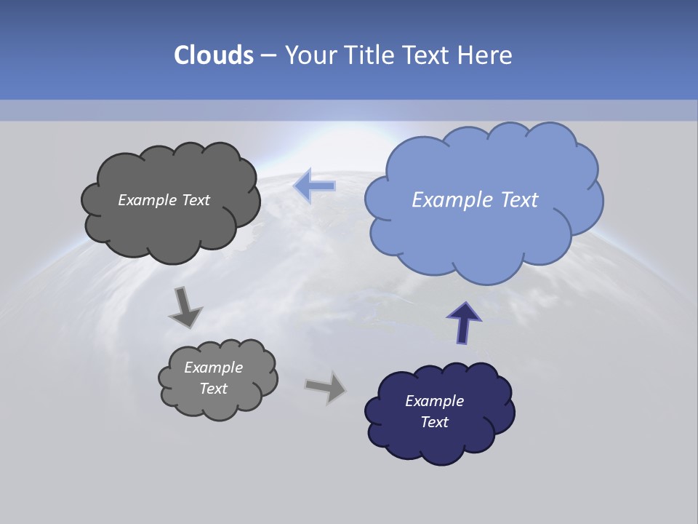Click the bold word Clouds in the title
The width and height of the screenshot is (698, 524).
(x=214, y=55)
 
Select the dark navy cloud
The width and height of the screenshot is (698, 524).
(x=436, y=440)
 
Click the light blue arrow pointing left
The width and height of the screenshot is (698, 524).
(x=314, y=186)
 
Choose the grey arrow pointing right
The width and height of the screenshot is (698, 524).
(x=326, y=386)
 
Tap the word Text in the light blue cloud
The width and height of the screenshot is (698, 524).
(x=518, y=200)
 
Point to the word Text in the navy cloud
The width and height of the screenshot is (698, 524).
(x=434, y=422)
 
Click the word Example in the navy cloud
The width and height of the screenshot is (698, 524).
(x=434, y=401)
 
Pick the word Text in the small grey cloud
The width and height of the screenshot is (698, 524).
(x=213, y=389)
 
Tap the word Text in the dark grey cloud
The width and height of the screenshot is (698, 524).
(x=196, y=200)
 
